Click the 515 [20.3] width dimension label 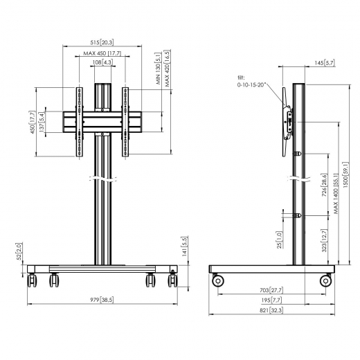102,42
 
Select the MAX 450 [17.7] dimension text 102,53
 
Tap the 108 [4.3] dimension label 102,63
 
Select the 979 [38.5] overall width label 101,300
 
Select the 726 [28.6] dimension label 323,183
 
